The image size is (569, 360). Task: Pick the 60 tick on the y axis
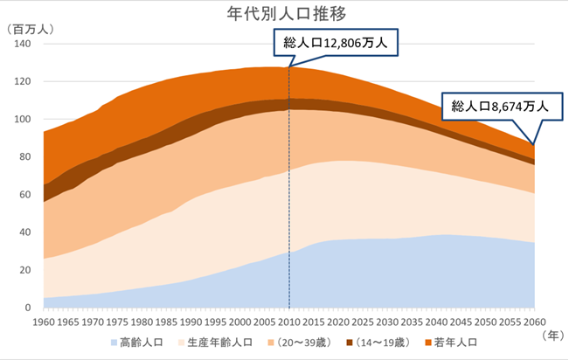pyautogui.click(x=24, y=195)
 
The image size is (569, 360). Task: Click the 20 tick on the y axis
pyautogui.click(x=24, y=271)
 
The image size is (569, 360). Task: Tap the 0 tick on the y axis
pyautogui.click(x=27, y=308)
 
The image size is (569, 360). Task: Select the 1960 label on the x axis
pyautogui.click(x=44, y=321)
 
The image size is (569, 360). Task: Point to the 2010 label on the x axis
pyautogui.click(x=289, y=321)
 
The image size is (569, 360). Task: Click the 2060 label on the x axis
pyautogui.click(x=535, y=321)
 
